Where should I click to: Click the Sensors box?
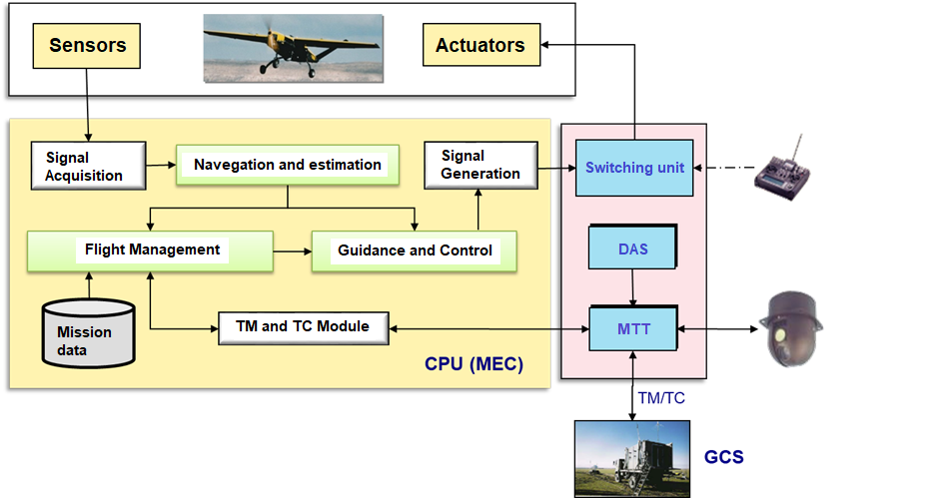click(x=87, y=46)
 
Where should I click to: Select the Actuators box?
click(x=481, y=45)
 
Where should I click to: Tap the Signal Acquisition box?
click(x=88, y=166)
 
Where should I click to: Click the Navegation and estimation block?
click(x=288, y=165)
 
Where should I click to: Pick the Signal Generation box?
click(x=481, y=166)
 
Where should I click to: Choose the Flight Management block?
click(x=151, y=251)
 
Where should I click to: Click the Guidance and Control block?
click(x=414, y=251)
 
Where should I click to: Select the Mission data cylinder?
click(x=88, y=333)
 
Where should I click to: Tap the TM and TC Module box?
click(x=303, y=328)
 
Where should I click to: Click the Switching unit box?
click(x=634, y=168)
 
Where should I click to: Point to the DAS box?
click(x=632, y=247)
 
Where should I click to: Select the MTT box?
click(x=633, y=328)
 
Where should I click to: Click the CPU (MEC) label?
click(x=473, y=364)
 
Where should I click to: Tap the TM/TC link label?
click(x=661, y=398)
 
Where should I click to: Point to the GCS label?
click(x=724, y=457)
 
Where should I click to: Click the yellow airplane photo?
click(x=294, y=48)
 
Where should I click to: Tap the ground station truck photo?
click(x=632, y=459)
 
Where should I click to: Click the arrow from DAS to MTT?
click(x=632, y=287)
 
